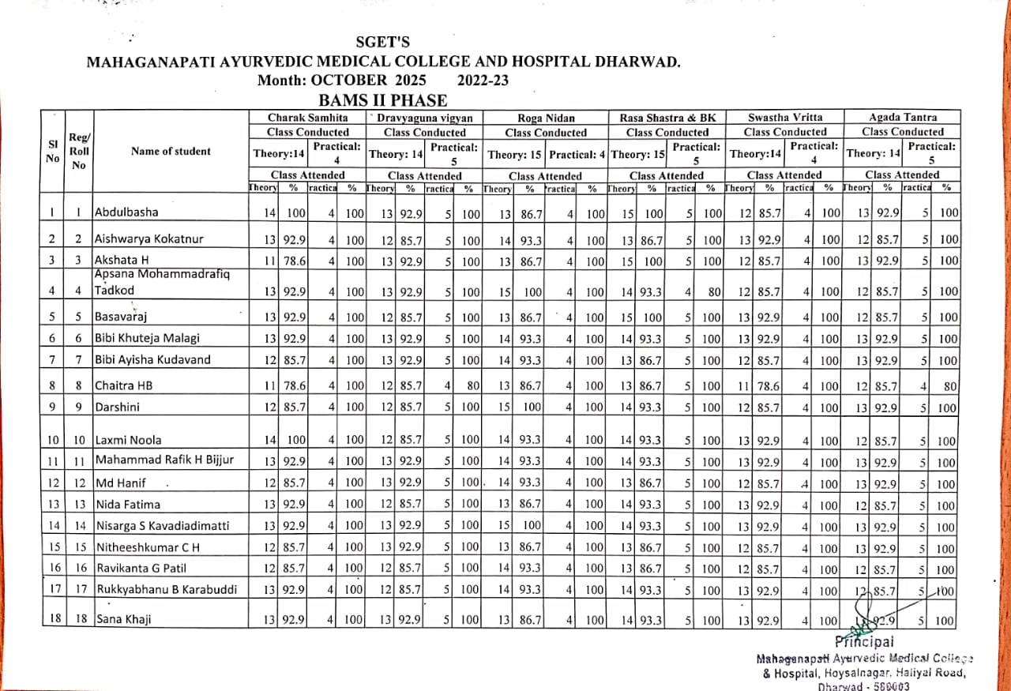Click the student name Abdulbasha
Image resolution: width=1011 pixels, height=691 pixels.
click(x=126, y=212)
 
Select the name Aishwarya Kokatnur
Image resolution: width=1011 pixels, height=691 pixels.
click(x=149, y=238)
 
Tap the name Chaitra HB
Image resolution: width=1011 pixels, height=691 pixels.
click(x=122, y=386)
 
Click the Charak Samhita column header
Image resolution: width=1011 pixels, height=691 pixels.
click(x=307, y=118)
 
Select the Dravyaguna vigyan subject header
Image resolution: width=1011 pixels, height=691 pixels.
click(x=425, y=118)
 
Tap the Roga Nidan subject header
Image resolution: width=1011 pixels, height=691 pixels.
click(x=546, y=118)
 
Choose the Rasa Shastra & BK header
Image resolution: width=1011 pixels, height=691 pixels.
click(x=667, y=118)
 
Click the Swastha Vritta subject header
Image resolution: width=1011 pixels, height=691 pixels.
click(x=785, y=118)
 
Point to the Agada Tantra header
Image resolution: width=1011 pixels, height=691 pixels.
click(x=902, y=118)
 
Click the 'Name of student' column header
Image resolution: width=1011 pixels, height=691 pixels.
click(x=171, y=151)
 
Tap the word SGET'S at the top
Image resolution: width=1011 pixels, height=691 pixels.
click(x=383, y=43)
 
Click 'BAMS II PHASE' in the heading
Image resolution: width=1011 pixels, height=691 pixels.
click(x=383, y=100)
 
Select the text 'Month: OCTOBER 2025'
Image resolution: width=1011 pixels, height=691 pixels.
click(x=341, y=81)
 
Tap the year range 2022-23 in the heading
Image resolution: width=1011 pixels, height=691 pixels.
click(x=483, y=81)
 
